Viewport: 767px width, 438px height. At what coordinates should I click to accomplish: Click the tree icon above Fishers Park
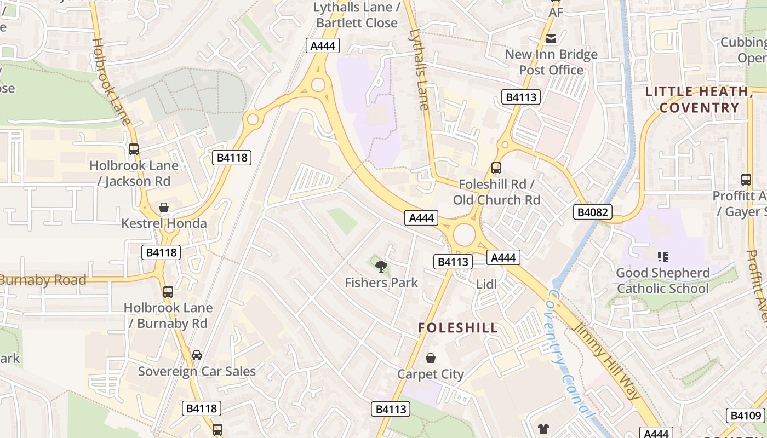coord(381,267)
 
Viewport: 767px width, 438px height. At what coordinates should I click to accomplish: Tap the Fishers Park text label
coord(381,283)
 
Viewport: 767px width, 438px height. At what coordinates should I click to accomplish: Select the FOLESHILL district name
coord(458,328)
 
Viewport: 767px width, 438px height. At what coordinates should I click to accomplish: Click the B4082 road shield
coord(593,212)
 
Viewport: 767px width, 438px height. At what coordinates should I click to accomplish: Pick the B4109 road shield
coord(746,416)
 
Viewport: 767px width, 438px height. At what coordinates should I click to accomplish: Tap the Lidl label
coord(486,284)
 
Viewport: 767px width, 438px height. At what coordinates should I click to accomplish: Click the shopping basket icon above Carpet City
coord(431,358)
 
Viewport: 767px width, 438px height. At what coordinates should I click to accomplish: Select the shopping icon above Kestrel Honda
coord(163,208)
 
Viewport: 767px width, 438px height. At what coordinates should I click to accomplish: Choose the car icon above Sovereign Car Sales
coord(196,355)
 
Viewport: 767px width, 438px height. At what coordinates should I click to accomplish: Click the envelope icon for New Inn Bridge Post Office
coord(551,38)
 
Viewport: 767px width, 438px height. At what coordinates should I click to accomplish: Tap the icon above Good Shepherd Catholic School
coord(663,256)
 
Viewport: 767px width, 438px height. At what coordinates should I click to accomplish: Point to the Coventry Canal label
coord(570,353)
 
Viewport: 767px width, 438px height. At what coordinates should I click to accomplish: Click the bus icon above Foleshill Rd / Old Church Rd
coord(496,168)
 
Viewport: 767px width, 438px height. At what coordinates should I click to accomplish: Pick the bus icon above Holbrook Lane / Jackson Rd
coord(133,149)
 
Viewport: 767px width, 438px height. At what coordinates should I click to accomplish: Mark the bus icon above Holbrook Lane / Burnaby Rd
coord(168,292)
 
